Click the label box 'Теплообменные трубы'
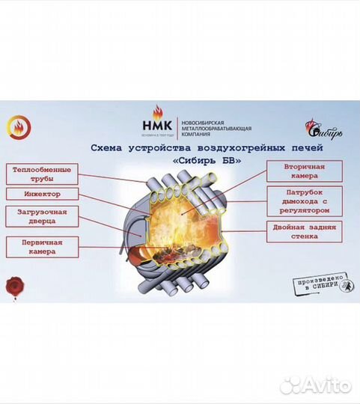[x=43, y=174]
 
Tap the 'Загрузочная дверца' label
[x=43, y=217]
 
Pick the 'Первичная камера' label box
[x=43, y=247]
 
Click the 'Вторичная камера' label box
[x=304, y=171]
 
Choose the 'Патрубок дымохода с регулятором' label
[x=304, y=200]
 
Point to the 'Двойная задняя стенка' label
[x=304, y=230]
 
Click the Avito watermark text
[x=325, y=386]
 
